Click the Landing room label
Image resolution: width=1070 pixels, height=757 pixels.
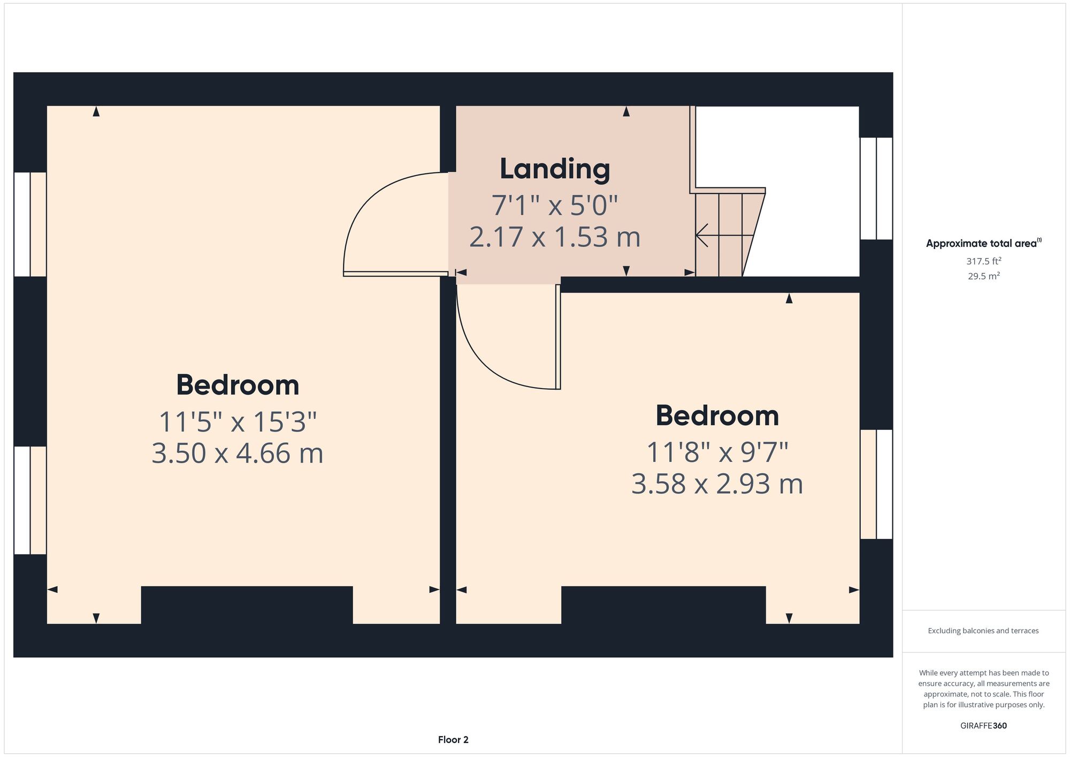pos(555,169)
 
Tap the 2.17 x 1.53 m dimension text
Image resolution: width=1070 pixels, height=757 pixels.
pos(555,237)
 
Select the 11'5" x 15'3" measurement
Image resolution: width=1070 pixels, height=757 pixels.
pos(238,422)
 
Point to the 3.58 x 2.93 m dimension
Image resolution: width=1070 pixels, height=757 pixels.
pos(717,484)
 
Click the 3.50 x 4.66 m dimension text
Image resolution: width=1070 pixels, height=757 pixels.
pos(238,453)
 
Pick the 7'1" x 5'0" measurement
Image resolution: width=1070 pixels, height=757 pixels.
pos(555,206)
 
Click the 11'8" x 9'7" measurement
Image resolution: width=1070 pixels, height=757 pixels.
pos(717,453)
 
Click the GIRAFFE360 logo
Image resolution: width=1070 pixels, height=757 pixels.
pos(983,726)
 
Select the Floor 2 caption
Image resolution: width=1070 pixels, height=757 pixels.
pos(453,740)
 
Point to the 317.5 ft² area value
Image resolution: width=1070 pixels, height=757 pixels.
pos(983,261)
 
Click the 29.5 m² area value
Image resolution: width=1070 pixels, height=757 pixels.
pos(983,276)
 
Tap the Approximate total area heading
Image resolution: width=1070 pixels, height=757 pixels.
pos(983,243)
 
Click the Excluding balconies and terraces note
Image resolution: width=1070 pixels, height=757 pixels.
pos(983,631)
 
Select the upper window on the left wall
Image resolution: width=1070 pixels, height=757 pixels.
pos(30,224)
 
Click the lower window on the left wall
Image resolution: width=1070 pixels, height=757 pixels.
pos(30,501)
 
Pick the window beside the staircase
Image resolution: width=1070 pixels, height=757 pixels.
pos(876,188)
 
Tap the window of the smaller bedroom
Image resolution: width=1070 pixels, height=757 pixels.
pos(876,485)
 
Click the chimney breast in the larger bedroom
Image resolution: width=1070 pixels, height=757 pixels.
pos(247,605)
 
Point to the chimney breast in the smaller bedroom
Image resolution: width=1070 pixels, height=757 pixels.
pos(663,605)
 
